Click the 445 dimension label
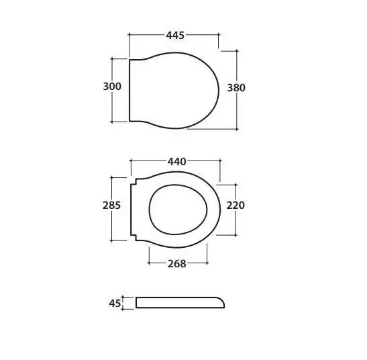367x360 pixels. click(175, 36)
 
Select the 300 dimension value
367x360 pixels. click(112, 87)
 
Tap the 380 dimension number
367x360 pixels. click(236, 88)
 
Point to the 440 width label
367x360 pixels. click(177, 162)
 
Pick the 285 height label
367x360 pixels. click(111, 206)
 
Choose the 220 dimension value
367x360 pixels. click(235, 206)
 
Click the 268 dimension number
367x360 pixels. click(177, 264)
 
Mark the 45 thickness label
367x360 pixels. click(115, 304)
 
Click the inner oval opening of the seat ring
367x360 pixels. click(178, 185)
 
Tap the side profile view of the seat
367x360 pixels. click(180, 303)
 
